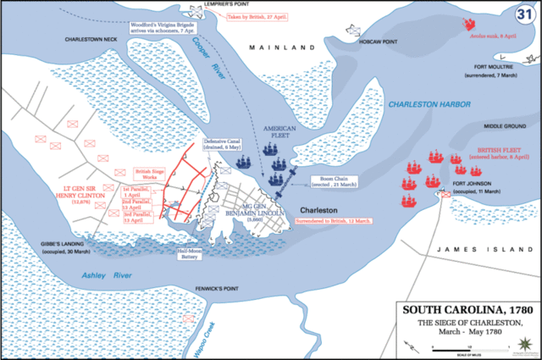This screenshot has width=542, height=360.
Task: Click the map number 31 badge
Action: pyautogui.click(x=523, y=14)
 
